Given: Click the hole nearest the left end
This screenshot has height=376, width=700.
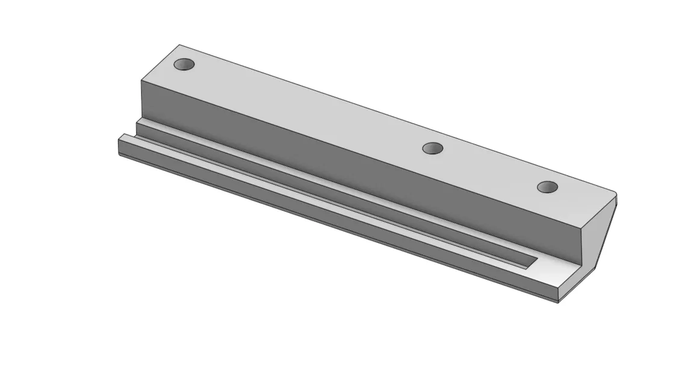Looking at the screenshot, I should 184,64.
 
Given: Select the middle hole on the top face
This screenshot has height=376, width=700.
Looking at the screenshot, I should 433,148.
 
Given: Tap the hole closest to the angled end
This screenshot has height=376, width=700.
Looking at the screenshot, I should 547,187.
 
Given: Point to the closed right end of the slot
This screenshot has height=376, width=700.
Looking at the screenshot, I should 534,260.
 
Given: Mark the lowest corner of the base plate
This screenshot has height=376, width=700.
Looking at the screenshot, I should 558,302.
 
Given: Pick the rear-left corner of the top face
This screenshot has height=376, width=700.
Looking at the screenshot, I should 179,45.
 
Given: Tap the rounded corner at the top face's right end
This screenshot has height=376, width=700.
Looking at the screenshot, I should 614,194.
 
